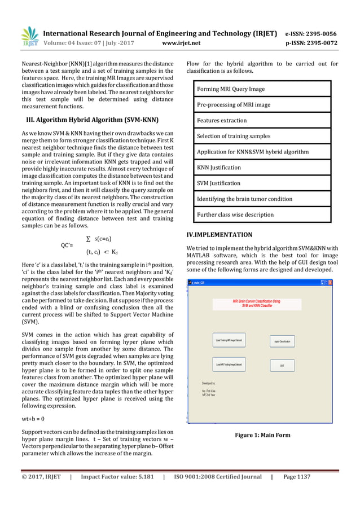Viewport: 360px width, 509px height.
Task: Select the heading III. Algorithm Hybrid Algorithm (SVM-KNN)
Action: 88,121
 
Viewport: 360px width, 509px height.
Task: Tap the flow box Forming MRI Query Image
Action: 230,89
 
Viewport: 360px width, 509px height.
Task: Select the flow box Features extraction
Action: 222,121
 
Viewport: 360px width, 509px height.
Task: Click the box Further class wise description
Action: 235,215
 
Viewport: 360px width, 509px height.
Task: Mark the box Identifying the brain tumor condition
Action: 244,199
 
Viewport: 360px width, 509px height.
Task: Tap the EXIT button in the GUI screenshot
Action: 282,365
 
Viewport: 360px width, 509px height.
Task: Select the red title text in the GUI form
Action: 256,304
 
